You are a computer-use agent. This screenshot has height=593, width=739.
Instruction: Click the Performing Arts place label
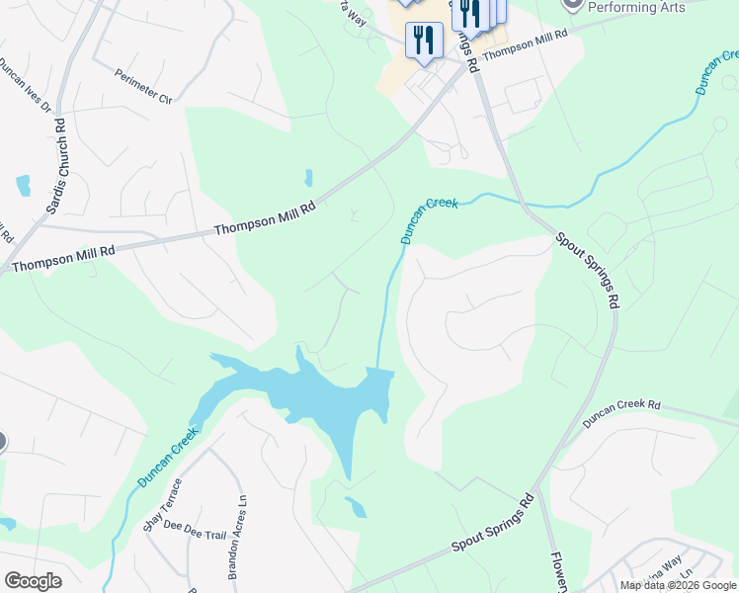[x=636, y=7]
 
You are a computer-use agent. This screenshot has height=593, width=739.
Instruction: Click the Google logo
[x=33, y=581]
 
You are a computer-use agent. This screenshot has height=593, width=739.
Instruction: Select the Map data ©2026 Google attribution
[x=678, y=585]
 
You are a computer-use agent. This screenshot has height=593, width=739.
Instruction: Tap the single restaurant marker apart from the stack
[x=424, y=41]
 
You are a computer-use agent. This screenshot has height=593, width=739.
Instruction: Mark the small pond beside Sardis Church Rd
[x=23, y=185]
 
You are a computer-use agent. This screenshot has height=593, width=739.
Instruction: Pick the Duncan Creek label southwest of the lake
[x=168, y=457]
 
